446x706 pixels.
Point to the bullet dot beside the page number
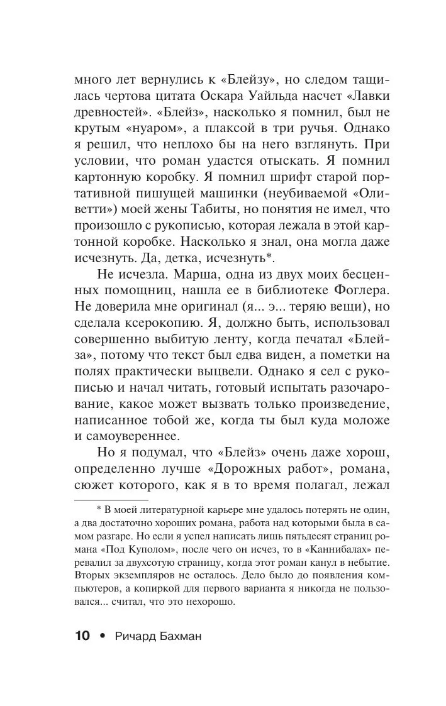(x=102, y=636)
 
